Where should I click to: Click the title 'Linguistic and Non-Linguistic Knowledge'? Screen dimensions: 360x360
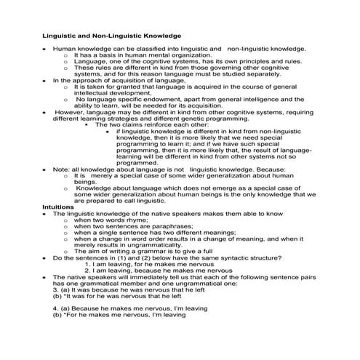click(x=111, y=36)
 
